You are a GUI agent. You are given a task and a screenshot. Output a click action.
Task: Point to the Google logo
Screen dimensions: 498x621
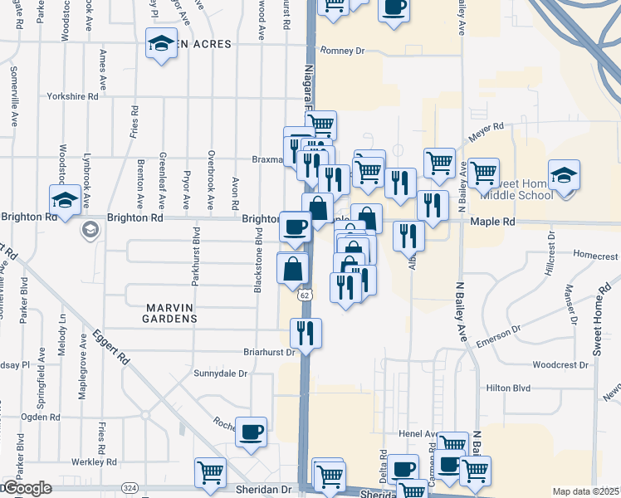pyautogui.click(x=27, y=489)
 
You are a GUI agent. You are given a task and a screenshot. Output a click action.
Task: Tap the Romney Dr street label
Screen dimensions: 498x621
pyautogui.click(x=343, y=51)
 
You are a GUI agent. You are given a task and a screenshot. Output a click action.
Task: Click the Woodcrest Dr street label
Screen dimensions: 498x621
pyautogui.click(x=560, y=364)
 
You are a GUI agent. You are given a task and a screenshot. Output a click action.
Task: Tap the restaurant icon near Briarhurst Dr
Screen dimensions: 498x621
pyautogui.click(x=306, y=333)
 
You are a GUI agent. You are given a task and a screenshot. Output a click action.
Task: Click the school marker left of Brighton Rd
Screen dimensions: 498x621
pyautogui.click(x=65, y=199)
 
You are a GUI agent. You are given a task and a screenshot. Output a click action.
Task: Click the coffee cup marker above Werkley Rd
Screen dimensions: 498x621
pyautogui.click(x=251, y=432)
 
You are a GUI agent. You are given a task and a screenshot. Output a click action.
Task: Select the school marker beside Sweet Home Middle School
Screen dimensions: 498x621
pyautogui.click(x=564, y=175)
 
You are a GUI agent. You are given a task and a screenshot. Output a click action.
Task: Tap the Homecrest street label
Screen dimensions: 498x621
pyautogui.click(x=594, y=256)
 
